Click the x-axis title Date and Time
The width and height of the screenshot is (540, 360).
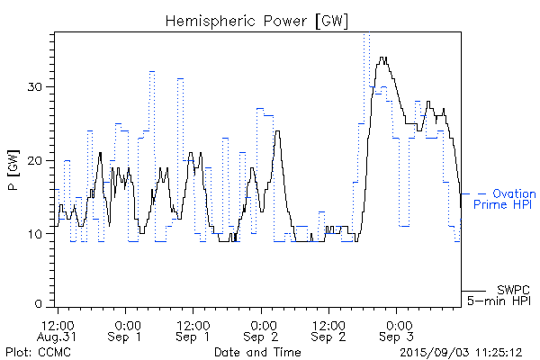(256, 351)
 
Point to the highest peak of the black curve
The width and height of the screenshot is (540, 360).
(383, 58)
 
